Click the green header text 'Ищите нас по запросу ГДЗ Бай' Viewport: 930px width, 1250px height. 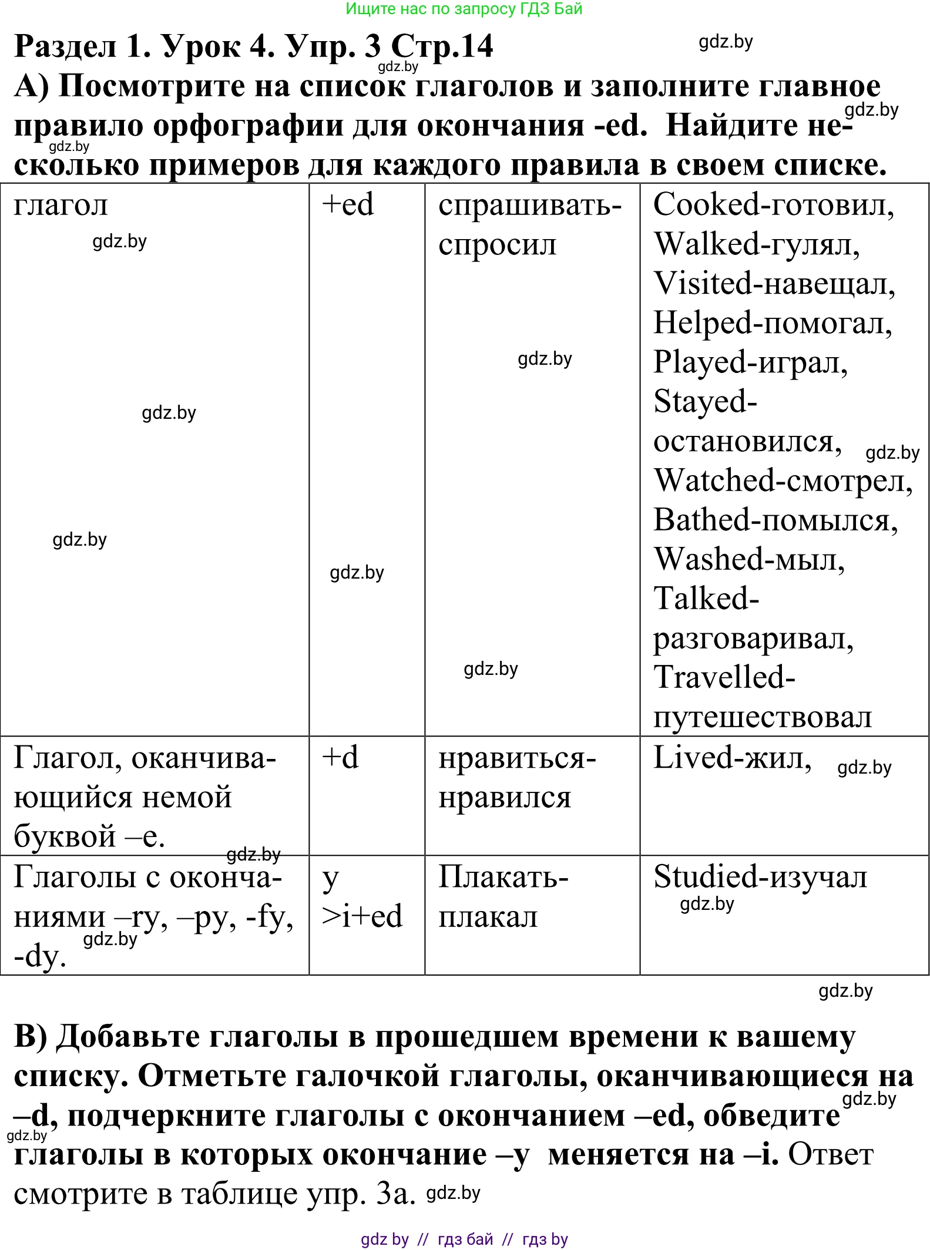[x=464, y=9]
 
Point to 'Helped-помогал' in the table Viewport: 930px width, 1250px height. [x=772, y=323]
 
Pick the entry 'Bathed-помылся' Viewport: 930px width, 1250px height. [x=775, y=520]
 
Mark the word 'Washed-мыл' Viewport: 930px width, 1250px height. [x=748, y=559]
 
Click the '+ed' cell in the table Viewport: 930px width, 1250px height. [x=348, y=205]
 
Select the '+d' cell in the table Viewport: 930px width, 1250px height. [x=340, y=758]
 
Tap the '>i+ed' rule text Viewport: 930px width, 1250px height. [x=362, y=916]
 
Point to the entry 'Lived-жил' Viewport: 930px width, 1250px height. [x=732, y=758]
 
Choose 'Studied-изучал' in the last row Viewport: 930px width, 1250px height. [x=760, y=877]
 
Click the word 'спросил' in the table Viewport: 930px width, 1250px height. [x=497, y=244]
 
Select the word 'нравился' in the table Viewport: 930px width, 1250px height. [x=505, y=798]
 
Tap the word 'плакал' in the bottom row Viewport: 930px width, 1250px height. [x=488, y=917]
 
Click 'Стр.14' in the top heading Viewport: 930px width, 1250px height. [x=442, y=46]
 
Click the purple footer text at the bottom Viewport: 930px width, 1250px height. [x=464, y=1239]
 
